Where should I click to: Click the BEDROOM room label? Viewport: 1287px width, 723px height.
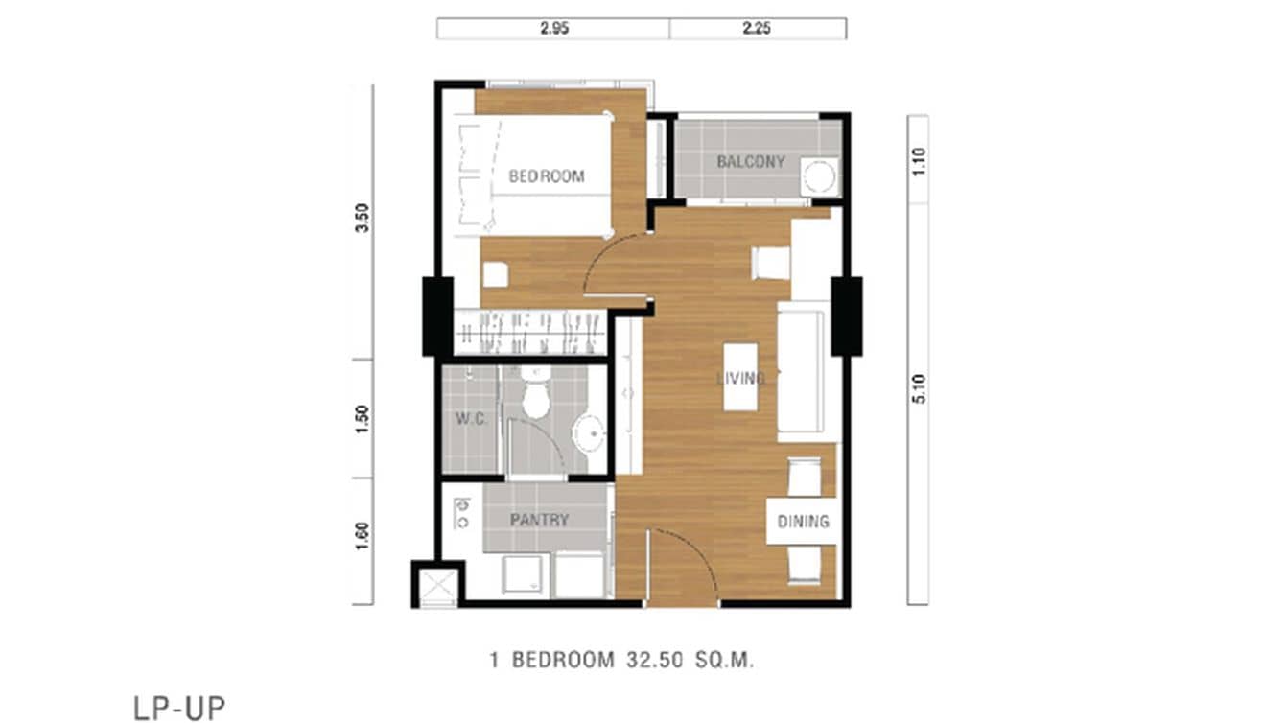[546, 176]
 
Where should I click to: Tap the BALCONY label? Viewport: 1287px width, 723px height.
[750, 162]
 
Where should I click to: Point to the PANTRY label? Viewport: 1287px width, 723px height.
[539, 521]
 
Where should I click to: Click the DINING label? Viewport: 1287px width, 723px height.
[803, 522]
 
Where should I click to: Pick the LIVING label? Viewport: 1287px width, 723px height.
[740, 379]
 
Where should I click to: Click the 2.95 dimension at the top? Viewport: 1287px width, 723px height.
[554, 29]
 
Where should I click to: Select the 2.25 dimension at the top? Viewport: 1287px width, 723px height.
[757, 29]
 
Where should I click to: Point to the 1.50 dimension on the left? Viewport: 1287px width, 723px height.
[362, 419]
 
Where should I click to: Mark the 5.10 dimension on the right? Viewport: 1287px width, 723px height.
[919, 387]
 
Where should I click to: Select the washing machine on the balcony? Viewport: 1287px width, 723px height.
[820, 177]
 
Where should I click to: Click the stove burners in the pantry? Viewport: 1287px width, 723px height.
[461, 514]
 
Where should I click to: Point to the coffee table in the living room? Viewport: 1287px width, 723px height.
[740, 376]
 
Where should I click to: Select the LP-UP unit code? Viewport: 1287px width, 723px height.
[178, 708]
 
